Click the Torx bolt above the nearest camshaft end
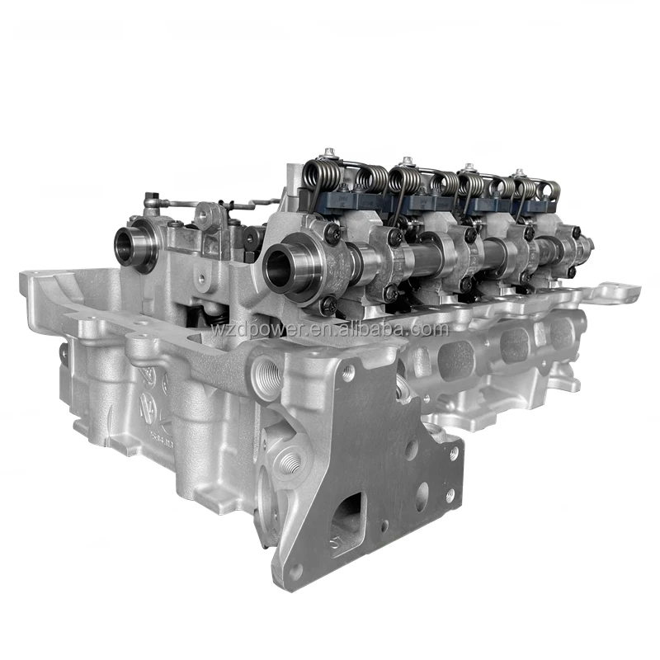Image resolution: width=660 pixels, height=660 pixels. click(332, 233)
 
